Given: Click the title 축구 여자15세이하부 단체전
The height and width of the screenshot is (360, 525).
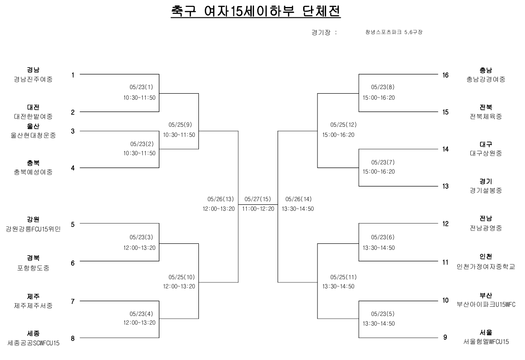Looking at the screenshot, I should (x=255, y=11).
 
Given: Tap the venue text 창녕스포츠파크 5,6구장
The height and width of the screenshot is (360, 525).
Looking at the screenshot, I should (x=394, y=33).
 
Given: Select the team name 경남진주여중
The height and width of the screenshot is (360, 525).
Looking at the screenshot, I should (x=33, y=79).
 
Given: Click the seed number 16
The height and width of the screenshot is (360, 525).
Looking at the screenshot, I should (x=445, y=75).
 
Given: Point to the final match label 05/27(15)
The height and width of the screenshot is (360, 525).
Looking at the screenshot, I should (x=258, y=199).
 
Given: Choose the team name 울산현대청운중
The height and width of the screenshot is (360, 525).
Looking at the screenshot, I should (x=33, y=135).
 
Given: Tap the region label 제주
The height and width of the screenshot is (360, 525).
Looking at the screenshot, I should (x=33, y=296).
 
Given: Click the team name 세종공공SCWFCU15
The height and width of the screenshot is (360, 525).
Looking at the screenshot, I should (x=33, y=343).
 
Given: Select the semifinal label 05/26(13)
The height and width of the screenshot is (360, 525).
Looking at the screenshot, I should (x=220, y=199).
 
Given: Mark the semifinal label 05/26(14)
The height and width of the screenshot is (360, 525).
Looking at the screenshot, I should (x=299, y=199).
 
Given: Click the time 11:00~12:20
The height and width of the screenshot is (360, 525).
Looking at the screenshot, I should (x=258, y=209).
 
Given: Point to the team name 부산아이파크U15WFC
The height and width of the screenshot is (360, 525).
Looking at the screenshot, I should (x=485, y=304).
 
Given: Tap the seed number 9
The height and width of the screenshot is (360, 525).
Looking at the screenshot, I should (x=445, y=338).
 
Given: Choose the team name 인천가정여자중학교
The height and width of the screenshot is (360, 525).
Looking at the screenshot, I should (x=485, y=266).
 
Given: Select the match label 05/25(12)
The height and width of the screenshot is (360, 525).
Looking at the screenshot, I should (x=344, y=125).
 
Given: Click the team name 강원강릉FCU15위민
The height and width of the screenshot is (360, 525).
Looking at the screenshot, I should (x=33, y=229).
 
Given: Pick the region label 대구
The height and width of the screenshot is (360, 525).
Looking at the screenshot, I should (x=485, y=144).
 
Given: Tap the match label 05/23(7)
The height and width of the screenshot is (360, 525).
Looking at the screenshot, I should (x=383, y=162).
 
